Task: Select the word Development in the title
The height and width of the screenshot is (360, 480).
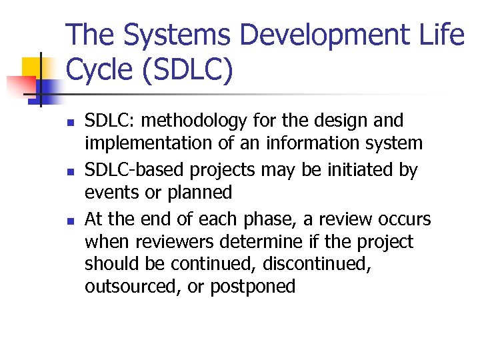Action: pos(325,35)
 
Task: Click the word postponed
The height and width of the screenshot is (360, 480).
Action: pos(253,287)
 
